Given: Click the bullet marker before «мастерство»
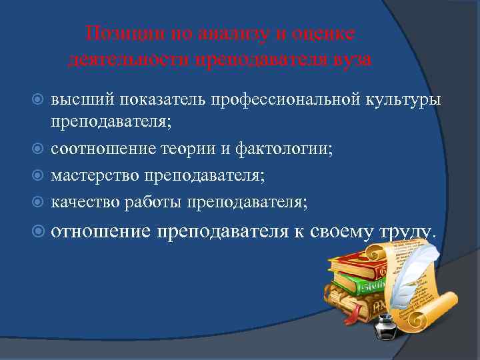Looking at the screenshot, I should pyautogui.click(x=39, y=176).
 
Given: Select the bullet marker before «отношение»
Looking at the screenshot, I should pyautogui.click(x=39, y=231).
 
